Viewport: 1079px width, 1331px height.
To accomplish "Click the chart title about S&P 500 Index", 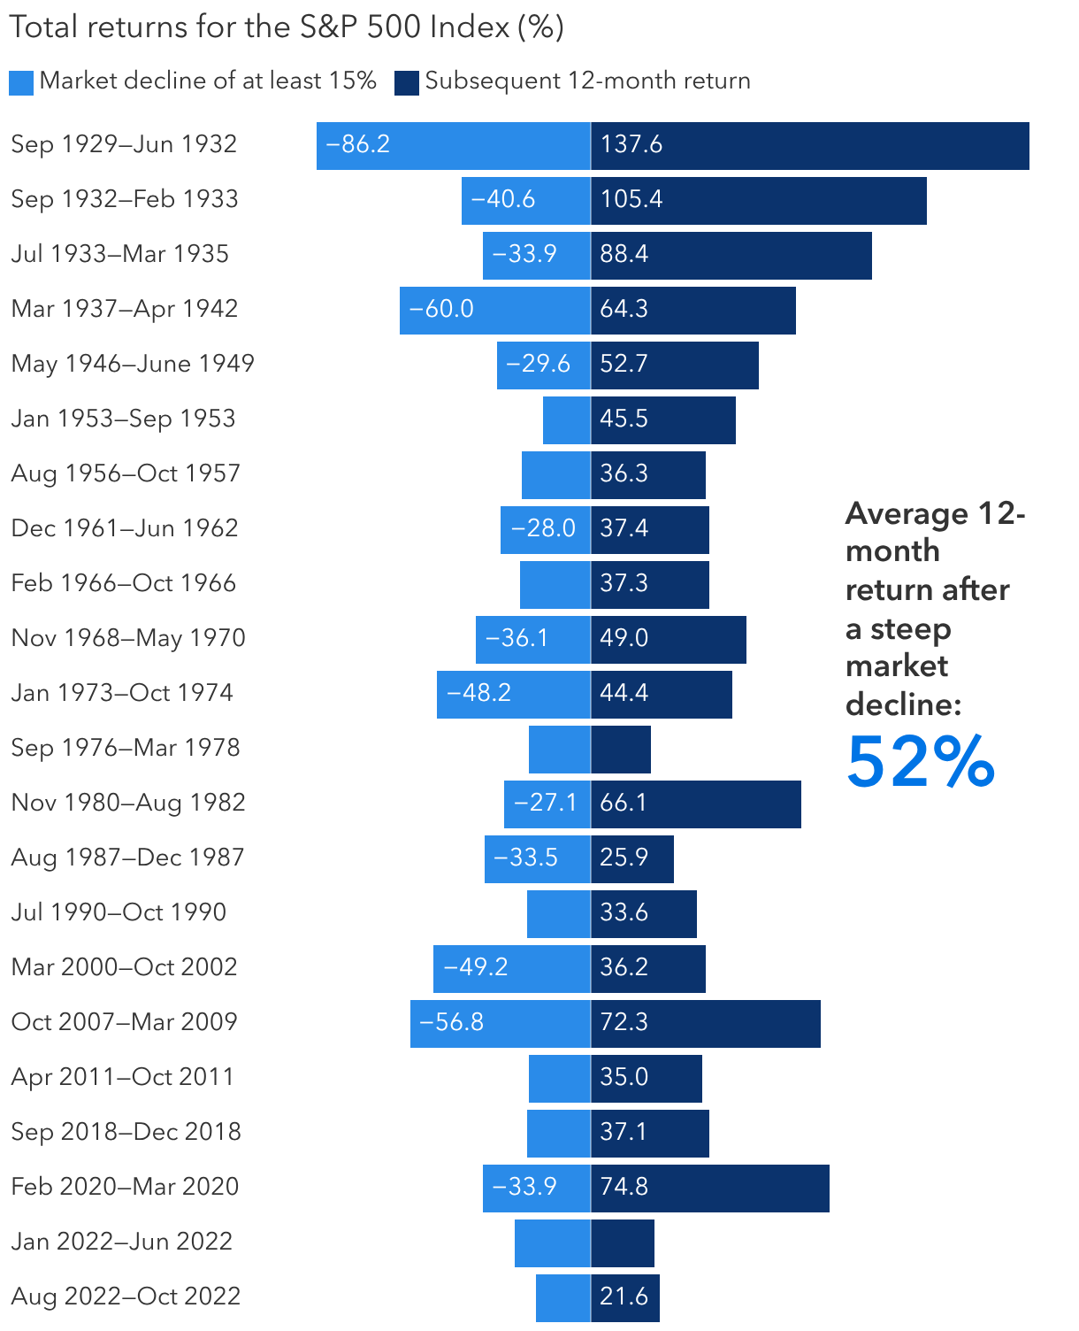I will [287, 27].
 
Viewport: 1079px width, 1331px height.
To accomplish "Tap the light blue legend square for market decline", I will [21, 82].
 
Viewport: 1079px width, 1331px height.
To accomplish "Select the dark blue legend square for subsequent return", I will [407, 82].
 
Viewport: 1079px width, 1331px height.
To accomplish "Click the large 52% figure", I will [921, 762].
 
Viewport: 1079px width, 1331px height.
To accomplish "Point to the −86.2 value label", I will [358, 144].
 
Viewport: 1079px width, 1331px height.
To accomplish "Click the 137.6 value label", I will [631, 144].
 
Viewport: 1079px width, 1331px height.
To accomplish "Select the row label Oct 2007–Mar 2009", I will [125, 1022].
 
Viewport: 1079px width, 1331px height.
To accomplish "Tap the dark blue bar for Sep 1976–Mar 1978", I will [621, 750].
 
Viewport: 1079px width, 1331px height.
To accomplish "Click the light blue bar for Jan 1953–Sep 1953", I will [567, 420].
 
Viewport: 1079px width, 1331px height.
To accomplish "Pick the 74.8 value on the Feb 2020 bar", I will [624, 1187].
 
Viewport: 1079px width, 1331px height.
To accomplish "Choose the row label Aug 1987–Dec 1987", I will [127, 858].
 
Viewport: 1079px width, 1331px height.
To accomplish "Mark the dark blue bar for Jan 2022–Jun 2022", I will [623, 1243].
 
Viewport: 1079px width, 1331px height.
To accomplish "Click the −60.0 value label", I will [441, 309].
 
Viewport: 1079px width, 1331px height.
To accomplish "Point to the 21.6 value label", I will [624, 1296].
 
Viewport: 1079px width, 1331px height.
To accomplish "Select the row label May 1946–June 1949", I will [133, 364].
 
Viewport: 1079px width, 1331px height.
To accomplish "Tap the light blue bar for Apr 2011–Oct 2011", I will [560, 1079].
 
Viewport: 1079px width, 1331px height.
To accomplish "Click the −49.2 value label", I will [476, 967].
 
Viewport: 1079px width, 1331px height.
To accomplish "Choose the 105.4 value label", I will [631, 199].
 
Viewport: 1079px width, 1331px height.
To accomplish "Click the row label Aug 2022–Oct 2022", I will [126, 1296].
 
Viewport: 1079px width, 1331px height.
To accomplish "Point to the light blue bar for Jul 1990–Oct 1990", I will [559, 914].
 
